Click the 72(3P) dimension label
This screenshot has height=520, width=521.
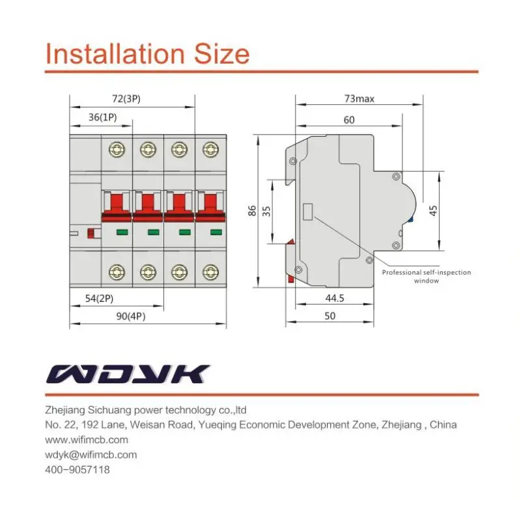(x=126, y=99)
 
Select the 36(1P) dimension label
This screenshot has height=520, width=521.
(x=103, y=118)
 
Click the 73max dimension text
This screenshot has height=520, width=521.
(x=359, y=99)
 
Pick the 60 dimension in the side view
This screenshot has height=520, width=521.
(x=350, y=120)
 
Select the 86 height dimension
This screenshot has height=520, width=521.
(x=252, y=212)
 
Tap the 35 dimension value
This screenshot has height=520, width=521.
(x=266, y=212)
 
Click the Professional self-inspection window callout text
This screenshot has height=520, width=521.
(x=426, y=277)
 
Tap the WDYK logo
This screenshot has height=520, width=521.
(x=128, y=374)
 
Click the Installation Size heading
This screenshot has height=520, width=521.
(x=147, y=53)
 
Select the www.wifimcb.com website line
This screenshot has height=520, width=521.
(x=87, y=439)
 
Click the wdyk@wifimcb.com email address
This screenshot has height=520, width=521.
(x=91, y=454)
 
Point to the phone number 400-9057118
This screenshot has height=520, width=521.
(x=77, y=469)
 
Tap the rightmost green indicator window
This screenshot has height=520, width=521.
(x=211, y=232)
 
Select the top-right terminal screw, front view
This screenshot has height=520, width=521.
(x=210, y=150)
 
